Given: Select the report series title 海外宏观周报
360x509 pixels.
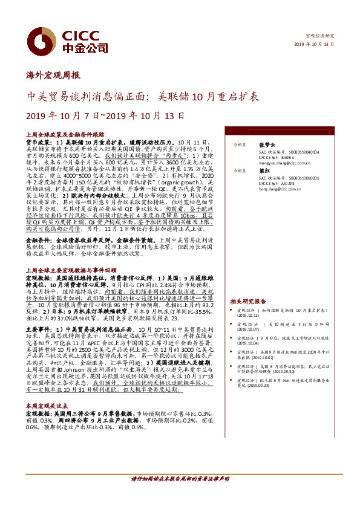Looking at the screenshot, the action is pos(54,76).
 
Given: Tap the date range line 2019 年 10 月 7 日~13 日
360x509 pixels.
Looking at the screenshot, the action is pos(96,115).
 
